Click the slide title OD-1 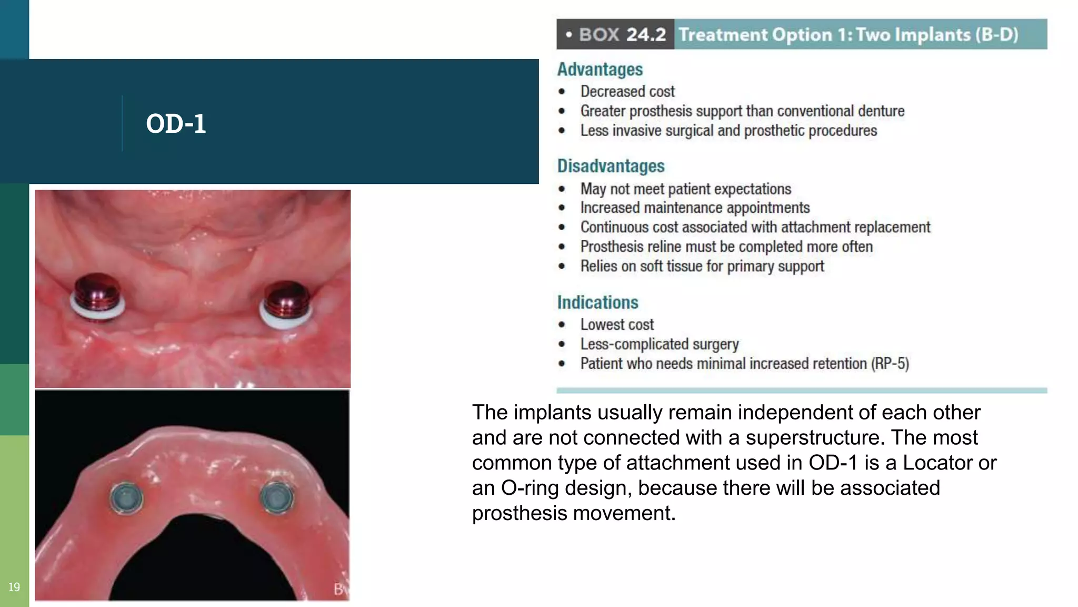point(176,124)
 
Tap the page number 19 point(14,587)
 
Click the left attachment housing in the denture point(126,497)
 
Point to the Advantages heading point(600,70)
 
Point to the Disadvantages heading point(611,166)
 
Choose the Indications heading point(597,302)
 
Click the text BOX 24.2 point(622,35)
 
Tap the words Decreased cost point(627,92)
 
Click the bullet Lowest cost point(617,325)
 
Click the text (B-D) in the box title point(996,35)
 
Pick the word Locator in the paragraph point(936,463)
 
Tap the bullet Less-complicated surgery point(659,344)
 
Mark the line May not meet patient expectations point(685,189)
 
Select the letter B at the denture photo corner point(339,589)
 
